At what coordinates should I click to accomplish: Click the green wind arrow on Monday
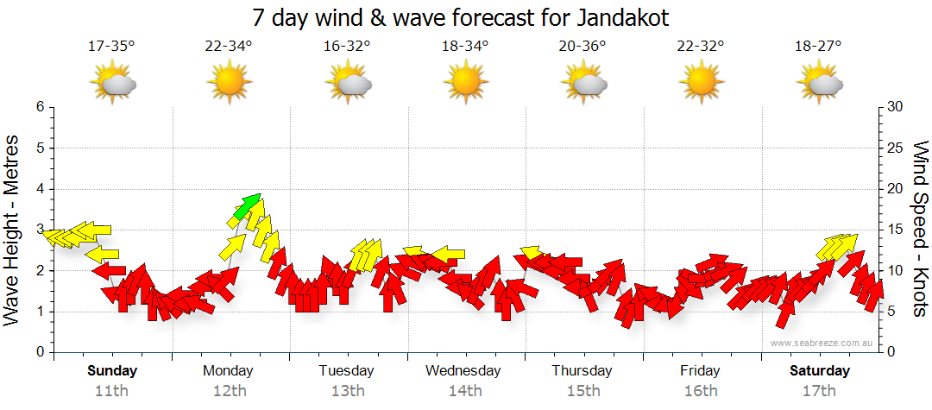248,205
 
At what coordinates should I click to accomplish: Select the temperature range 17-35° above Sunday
112,47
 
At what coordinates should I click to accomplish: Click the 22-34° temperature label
230,47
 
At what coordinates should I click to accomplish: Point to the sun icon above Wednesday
465,84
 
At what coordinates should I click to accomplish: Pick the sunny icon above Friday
701,84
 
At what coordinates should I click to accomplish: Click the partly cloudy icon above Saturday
819,84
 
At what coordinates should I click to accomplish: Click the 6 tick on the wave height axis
39,107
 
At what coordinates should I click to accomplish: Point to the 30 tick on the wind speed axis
895,107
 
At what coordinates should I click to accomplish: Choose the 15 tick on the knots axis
895,230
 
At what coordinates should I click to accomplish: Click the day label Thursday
582,371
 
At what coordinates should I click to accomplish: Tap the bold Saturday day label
820,371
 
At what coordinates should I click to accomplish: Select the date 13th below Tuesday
347,391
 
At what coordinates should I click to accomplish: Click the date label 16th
700,391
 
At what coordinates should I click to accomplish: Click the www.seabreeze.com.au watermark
823,343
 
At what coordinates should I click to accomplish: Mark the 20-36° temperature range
583,47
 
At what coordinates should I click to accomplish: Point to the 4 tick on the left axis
39,189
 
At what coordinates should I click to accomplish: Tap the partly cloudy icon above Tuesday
348,84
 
